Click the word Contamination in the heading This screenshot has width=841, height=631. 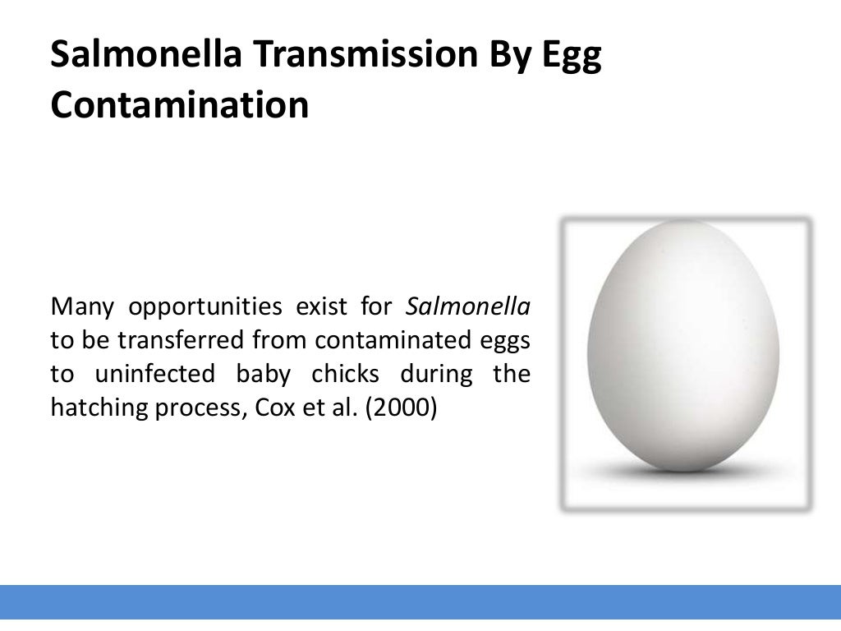click(180, 105)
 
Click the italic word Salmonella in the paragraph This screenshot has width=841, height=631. click(468, 307)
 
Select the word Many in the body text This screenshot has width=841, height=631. click(80, 307)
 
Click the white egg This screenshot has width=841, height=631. click(685, 345)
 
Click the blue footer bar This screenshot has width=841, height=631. click(420, 601)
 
